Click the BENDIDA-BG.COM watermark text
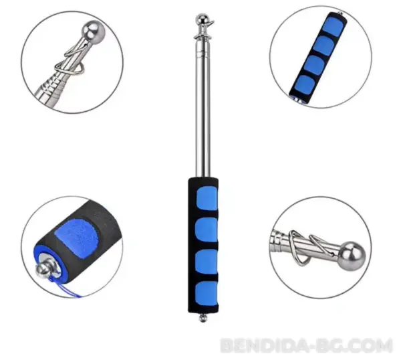pyautogui.click(x=306, y=345)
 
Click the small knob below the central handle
pyautogui.click(x=203, y=318)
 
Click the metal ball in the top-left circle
pyautogui.click(x=94, y=31)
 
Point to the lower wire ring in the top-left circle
pyautogui.click(x=69, y=68)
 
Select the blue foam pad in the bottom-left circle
pyautogui.click(x=76, y=234)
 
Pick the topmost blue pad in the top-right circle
pyautogui.click(x=333, y=26)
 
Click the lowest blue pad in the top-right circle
pyautogui.click(x=305, y=85)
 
